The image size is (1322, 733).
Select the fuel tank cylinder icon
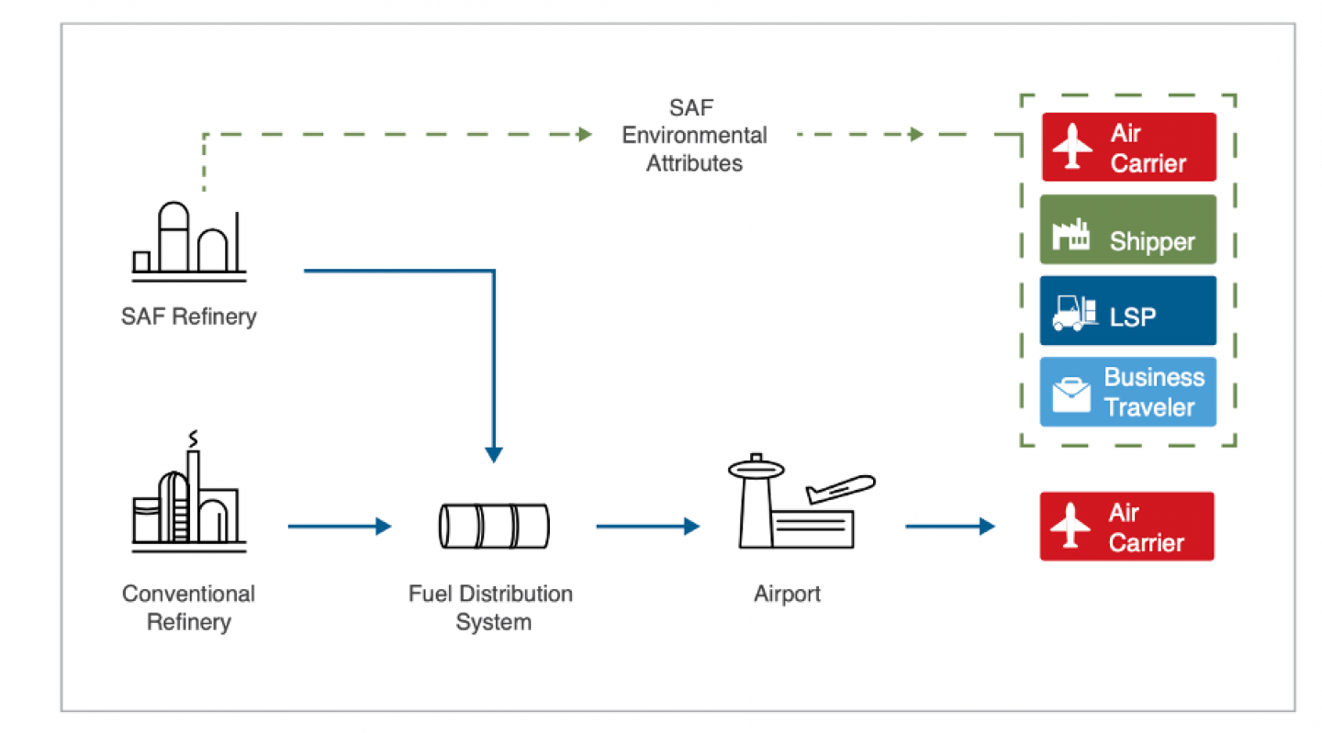pyautogui.click(x=494, y=526)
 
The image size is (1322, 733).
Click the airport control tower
pyautogui.click(x=756, y=501)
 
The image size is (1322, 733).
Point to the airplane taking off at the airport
pyautogui.click(x=840, y=488)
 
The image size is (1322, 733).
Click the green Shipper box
pyautogui.click(x=1127, y=229)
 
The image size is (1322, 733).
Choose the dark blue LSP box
pyautogui.click(x=1127, y=311)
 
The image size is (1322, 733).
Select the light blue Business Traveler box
pyautogui.click(x=1127, y=392)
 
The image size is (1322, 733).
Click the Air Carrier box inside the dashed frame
pyautogui.click(x=1129, y=147)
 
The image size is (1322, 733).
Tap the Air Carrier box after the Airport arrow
pyautogui.click(x=1126, y=526)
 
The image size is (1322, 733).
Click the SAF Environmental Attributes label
pyautogui.click(x=694, y=136)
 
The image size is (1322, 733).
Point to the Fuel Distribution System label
pyautogui.click(x=491, y=607)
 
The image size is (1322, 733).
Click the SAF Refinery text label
pyautogui.click(x=189, y=317)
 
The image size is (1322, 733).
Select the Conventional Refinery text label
pyautogui.click(x=189, y=607)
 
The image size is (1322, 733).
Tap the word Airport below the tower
pyautogui.click(x=788, y=594)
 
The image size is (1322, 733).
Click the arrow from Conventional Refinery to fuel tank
pyautogui.click(x=340, y=526)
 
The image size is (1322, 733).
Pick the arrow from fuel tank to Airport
pyautogui.click(x=648, y=526)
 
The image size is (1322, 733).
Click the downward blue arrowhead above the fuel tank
pyautogui.click(x=494, y=455)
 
